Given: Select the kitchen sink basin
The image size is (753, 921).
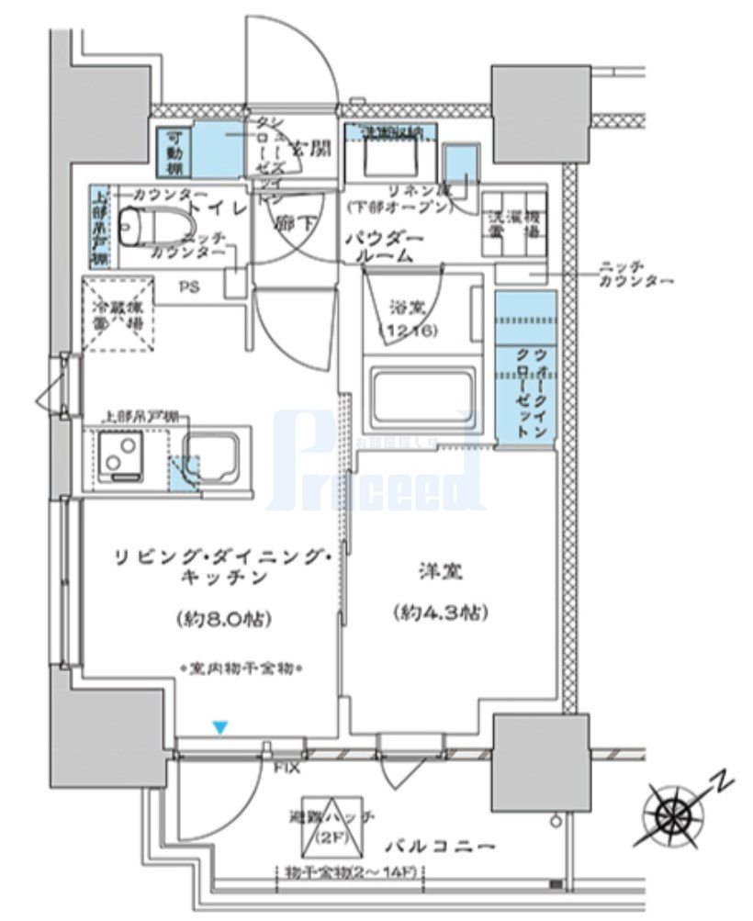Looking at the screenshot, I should [x=213, y=455].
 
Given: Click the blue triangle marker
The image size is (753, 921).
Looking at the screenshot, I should [x=219, y=728].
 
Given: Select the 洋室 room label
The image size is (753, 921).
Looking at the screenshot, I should [x=437, y=576].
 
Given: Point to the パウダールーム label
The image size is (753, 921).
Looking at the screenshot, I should [x=385, y=248].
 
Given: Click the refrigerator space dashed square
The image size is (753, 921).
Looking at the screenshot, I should [x=121, y=313].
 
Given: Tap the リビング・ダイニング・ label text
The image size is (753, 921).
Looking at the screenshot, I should [x=219, y=557].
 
